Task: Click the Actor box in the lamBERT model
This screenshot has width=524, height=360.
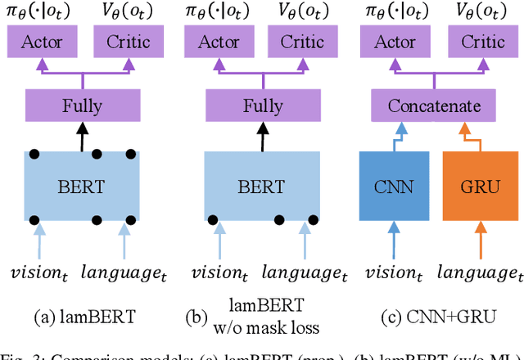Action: click(42, 43)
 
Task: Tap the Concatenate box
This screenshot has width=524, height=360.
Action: click(434, 107)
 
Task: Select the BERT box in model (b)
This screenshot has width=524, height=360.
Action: click(261, 187)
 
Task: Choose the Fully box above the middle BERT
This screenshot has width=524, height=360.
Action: click(261, 107)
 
